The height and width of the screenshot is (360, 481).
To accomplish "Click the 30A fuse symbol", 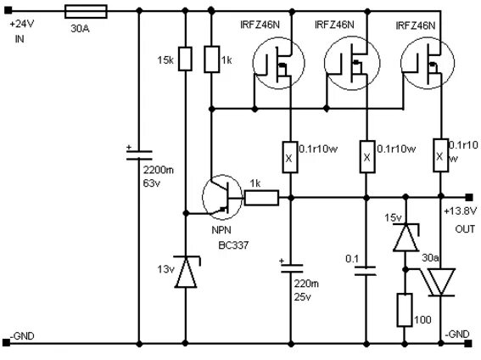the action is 87,12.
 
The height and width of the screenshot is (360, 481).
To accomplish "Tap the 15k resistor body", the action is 185,59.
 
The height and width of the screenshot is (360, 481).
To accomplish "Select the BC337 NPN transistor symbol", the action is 222,197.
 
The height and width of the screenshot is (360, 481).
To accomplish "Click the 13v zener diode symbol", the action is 187,272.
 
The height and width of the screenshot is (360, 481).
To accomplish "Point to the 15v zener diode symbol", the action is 405,237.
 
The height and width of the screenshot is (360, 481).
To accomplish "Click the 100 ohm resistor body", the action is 405,310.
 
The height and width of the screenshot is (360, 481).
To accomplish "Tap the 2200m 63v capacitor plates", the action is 139,155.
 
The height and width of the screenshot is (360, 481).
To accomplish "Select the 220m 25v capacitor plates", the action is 292,268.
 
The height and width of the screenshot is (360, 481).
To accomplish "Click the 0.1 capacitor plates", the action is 366,271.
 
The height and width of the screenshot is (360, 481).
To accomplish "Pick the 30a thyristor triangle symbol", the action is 440,282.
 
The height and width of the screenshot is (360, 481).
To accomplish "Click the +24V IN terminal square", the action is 8,11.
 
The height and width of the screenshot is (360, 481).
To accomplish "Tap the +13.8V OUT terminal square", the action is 469,197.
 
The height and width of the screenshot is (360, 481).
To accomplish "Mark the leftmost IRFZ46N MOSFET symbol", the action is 278,63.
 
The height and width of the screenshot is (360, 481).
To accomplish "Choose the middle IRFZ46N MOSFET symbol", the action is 352,63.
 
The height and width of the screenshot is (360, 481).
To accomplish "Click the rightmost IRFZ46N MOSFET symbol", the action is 428,63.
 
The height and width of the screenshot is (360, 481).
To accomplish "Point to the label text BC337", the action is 233,245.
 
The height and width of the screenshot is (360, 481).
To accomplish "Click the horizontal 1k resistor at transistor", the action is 261,198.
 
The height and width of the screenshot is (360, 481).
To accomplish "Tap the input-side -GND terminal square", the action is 7,343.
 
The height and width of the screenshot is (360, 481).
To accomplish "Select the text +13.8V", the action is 461,211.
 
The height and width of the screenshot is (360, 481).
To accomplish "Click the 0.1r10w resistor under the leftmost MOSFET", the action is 289,157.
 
